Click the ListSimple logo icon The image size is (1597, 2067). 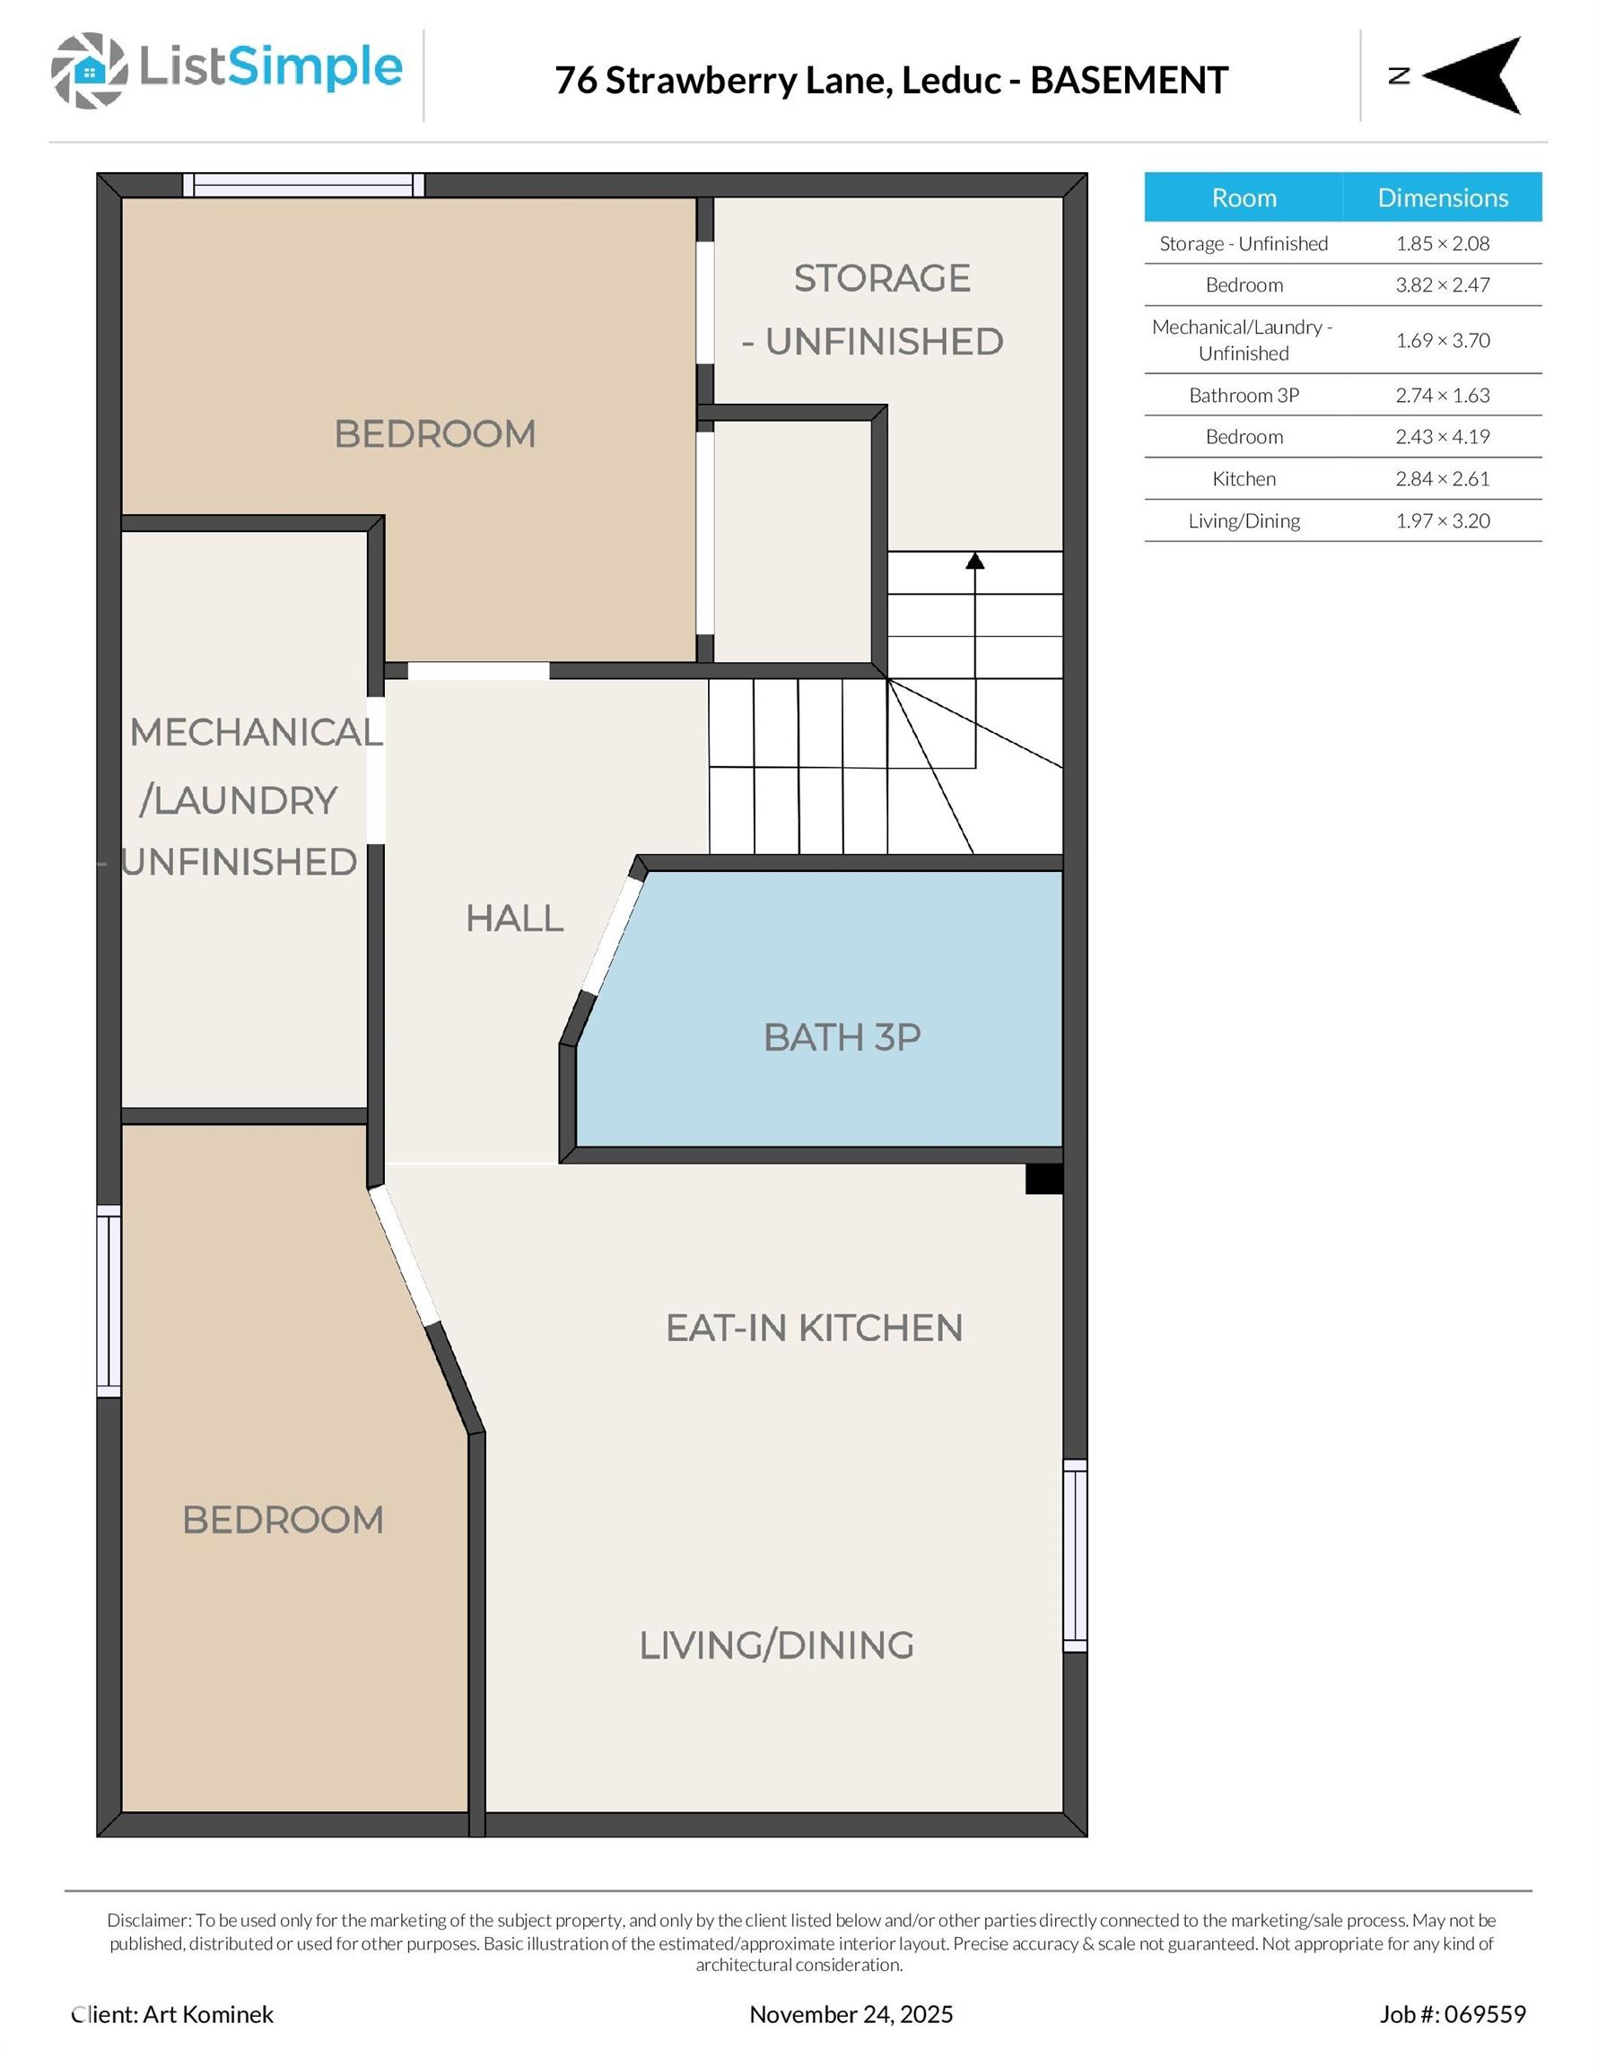point(89,70)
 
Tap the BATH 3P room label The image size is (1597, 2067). point(842,1037)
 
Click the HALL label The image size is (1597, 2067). point(514,918)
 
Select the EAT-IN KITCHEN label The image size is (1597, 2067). point(814,1328)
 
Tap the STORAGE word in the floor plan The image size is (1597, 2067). point(881,278)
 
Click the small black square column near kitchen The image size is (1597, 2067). point(1044,1178)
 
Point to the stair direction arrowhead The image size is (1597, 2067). point(975,562)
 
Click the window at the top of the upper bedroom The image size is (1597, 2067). point(303,185)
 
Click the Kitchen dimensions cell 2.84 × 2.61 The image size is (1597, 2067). point(1442,479)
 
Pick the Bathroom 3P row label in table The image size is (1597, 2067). point(1243,396)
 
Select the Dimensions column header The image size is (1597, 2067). point(1442,196)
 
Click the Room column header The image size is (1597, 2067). point(1243,196)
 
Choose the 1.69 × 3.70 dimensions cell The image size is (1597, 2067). point(1442,340)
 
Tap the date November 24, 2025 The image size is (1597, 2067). point(851,2014)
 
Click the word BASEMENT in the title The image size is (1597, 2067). point(1129,81)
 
